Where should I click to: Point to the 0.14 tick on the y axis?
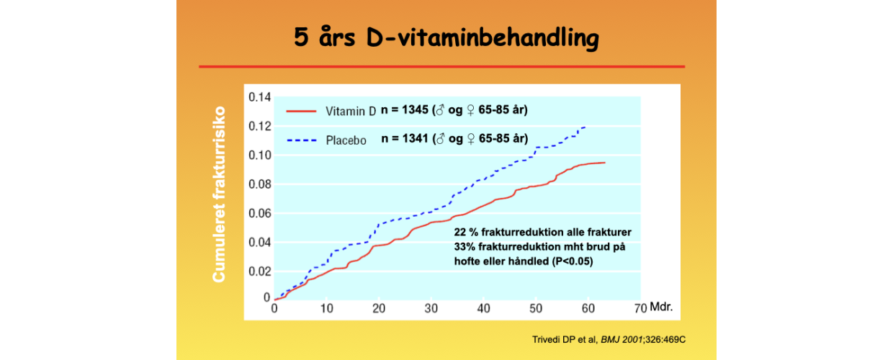point(259,97)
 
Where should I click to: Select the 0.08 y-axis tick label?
point(259,184)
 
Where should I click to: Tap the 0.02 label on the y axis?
point(259,271)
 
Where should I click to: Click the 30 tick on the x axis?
point(431,308)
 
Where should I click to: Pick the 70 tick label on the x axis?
point(640,308)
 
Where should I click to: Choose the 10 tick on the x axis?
point(326,308)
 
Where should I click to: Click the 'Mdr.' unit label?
point(661,307)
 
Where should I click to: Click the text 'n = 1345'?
point(405,110)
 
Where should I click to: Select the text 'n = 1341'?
point(405,139)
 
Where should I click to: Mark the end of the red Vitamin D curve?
point(605,163)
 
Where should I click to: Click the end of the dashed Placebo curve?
point(585,127)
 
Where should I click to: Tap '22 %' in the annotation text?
point(465,233)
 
